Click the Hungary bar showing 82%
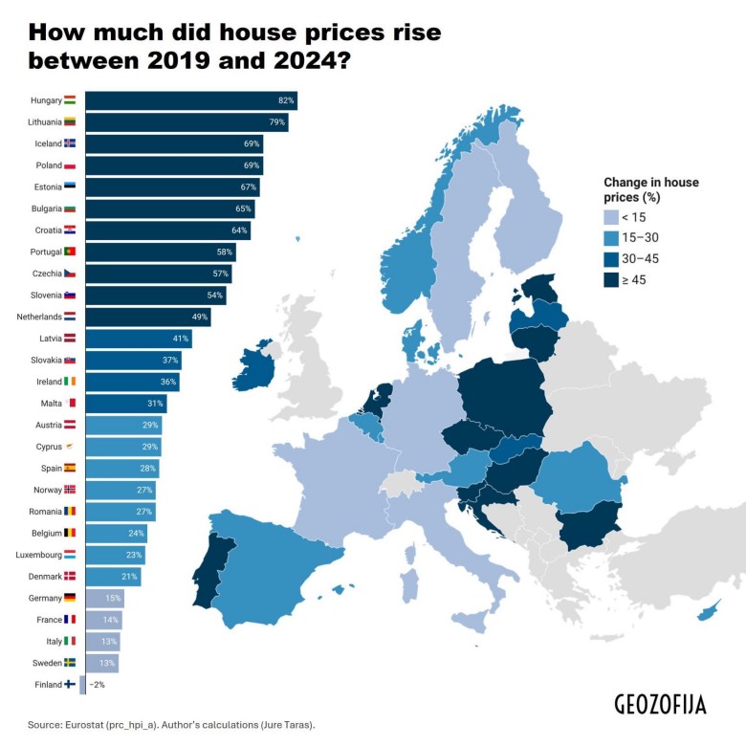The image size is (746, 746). tap(190, 100)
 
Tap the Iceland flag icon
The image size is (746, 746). tap(70, 143)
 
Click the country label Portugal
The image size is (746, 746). tap(44, 252)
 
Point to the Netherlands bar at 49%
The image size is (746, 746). tap(147, 317)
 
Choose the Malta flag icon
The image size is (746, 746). tap(70, 404)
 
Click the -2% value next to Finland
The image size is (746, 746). tap(97, 685)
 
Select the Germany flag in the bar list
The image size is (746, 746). tap(70, 598)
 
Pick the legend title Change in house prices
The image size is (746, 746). tap(651, 189)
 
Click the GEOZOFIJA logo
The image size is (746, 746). tap(660, 705)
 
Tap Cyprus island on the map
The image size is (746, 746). tap(709, 611)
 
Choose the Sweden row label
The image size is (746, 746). tap(45, 663)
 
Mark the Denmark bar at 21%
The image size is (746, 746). tap(113, 577)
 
